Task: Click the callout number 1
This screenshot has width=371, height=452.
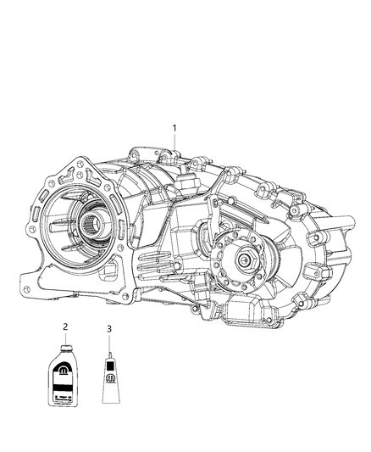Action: pos(175,128)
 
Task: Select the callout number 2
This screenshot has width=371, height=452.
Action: pos(64,326)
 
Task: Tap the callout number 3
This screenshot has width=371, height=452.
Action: pos(108,326)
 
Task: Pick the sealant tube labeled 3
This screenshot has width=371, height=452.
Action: pos(109,372)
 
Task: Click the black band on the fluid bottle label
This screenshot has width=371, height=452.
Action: pos(64,385)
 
